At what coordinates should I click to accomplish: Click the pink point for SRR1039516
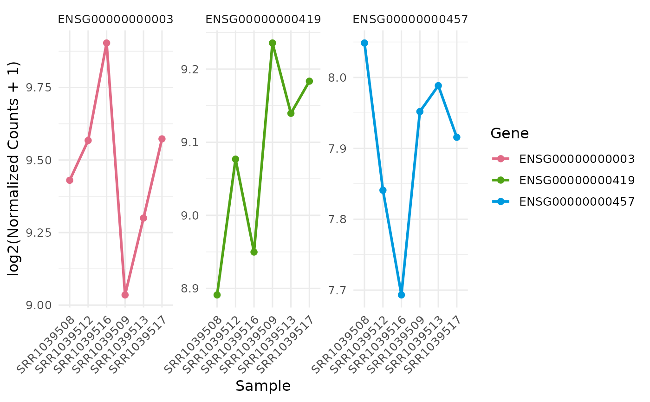(106, 43)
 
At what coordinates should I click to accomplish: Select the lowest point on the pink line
(125, 295)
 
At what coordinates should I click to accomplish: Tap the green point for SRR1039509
(273, 43)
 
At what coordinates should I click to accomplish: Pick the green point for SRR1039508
(217, 295)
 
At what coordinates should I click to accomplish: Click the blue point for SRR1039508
(364, 43)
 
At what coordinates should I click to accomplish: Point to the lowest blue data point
(401, 295)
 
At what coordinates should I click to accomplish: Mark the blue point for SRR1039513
(438, 86)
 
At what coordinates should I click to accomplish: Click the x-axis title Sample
(263, 386)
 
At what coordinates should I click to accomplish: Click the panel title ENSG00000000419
(263, 19)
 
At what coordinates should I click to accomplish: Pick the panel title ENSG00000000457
(410, 19)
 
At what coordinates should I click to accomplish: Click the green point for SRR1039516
(254, 252)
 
